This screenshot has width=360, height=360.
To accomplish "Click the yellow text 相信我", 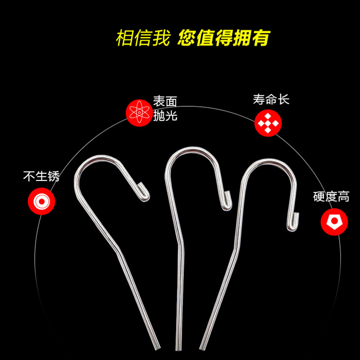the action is pos(143,38).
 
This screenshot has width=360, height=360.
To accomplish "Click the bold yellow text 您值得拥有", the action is pos(224,38).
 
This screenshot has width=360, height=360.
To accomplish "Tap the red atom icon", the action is pos(139,113).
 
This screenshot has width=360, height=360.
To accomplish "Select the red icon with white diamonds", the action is pos(268,123).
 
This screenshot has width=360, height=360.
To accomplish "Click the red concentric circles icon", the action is pos(41,201).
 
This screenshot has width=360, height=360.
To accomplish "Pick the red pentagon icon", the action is pos(334,222).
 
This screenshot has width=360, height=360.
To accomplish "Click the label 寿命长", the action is pos(271,99).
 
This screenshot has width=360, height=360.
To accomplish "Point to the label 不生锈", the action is pos(41,176).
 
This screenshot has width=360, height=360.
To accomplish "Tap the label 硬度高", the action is pos(331,197).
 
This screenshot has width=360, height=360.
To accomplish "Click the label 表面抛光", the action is pos(165,108).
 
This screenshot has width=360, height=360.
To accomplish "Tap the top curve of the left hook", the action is pos(101,157).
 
